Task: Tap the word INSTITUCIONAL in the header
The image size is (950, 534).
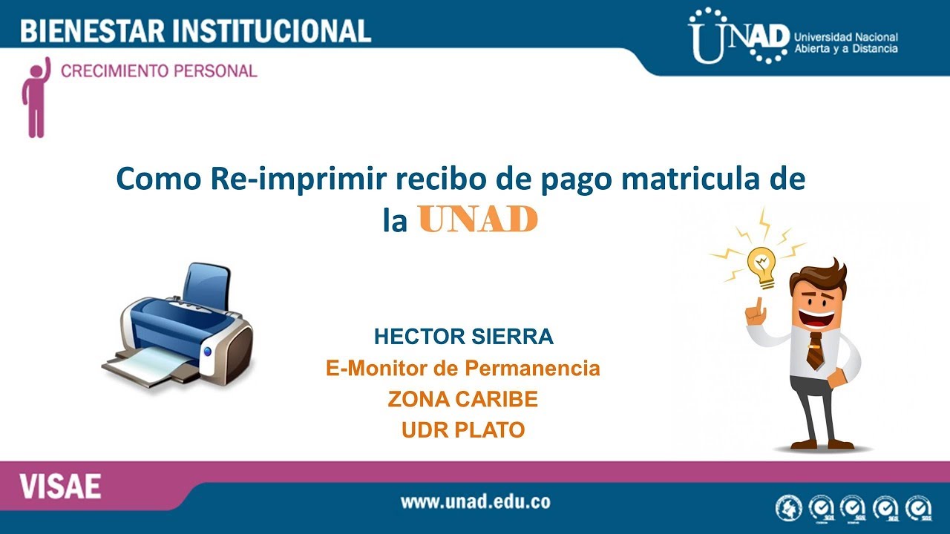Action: (272, 30)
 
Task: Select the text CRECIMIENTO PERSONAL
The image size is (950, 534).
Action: (159, 72)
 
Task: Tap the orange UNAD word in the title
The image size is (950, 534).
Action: (477, 220)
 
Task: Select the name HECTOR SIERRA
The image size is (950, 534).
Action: (463, 337)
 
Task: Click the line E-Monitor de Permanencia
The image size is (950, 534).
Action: (462, 368)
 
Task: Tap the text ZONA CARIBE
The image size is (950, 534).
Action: (462, 399)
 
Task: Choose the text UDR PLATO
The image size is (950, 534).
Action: (462, 430)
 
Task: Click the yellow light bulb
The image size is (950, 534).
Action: (761, 263)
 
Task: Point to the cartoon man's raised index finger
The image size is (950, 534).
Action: (759, 305)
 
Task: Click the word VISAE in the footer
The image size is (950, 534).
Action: (61, 487)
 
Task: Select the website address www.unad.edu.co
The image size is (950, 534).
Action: (475, 501)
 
